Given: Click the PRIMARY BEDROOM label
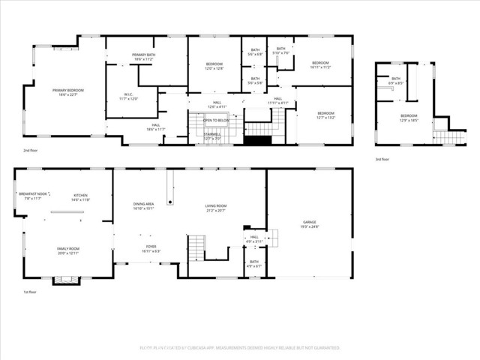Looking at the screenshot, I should point(68,92).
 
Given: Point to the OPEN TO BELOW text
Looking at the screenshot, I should point(215,120).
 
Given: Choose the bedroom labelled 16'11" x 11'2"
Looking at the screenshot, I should point(320,64).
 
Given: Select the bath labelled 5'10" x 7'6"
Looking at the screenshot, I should point(280,50).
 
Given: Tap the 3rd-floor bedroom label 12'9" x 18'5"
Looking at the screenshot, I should point(409,118).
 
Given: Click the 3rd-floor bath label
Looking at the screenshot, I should point(395,81).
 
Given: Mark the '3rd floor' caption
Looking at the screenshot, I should point(383,159).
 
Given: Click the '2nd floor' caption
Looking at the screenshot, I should point(31,150).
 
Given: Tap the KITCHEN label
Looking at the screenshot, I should point(80,197).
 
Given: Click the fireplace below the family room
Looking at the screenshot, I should point(64,280).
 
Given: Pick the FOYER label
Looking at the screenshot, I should point(151,248).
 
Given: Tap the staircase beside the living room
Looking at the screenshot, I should point(196,245).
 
